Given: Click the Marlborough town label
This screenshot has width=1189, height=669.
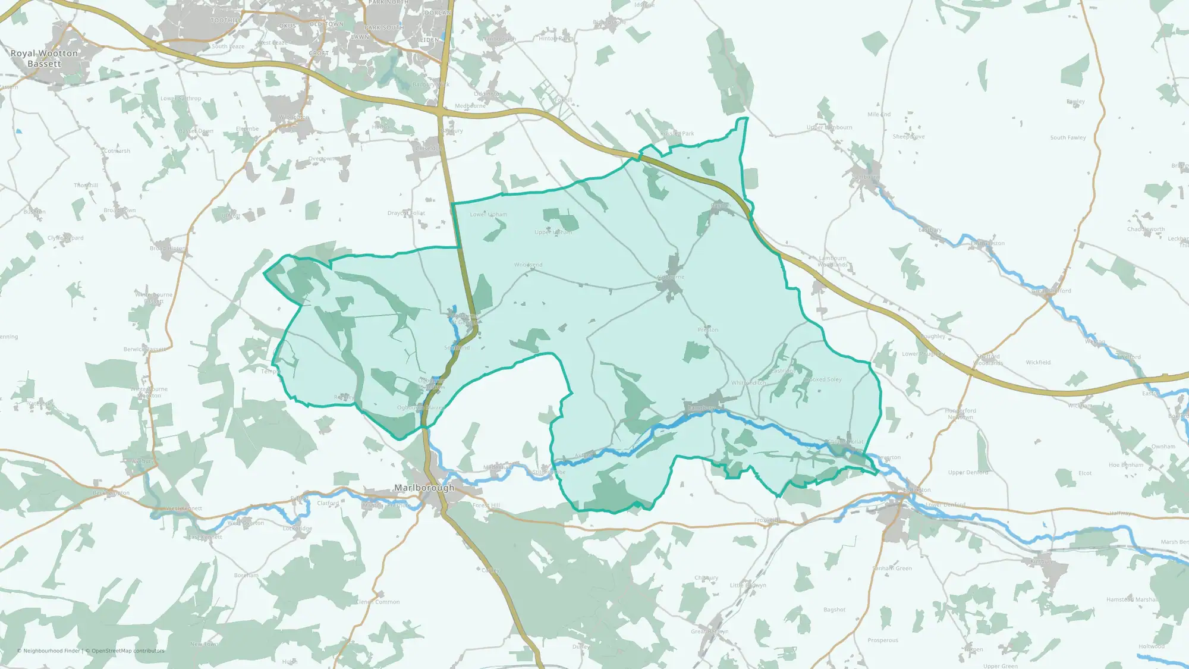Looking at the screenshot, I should [424, 488].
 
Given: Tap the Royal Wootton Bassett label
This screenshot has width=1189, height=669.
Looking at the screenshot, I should [44, 58].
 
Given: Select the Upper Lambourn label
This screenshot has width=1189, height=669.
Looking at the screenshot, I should [829, 127].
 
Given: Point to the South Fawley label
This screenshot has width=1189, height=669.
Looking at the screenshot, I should [1068, 138].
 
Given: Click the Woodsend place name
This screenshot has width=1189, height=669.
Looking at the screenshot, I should [528, 265].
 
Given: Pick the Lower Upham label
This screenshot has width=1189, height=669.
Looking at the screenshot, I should [489, 215].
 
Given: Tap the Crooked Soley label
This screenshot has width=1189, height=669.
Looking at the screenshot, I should [823, 379].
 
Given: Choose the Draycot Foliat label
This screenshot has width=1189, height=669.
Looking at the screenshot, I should [406, 213].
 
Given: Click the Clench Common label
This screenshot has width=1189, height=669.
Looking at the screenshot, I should [378, 602].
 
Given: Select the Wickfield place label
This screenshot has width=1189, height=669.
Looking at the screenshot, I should [1038, 362].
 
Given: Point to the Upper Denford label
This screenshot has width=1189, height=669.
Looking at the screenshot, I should [968, 473].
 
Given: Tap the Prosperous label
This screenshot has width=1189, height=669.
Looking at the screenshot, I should [883, 640].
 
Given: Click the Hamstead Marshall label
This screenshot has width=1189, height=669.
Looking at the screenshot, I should [1132, 599].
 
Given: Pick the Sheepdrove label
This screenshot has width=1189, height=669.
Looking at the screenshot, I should [908, 137].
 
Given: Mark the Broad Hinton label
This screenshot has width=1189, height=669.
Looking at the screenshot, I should [168, 249].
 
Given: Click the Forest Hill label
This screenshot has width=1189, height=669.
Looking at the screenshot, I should [486, 505].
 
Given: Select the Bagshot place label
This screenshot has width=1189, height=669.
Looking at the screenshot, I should [834, 610].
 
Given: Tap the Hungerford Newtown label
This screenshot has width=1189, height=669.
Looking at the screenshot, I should [960, 414].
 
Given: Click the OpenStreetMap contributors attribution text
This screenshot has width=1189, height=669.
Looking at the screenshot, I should [128, 651].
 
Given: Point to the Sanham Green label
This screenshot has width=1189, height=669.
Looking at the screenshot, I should [892, 569].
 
